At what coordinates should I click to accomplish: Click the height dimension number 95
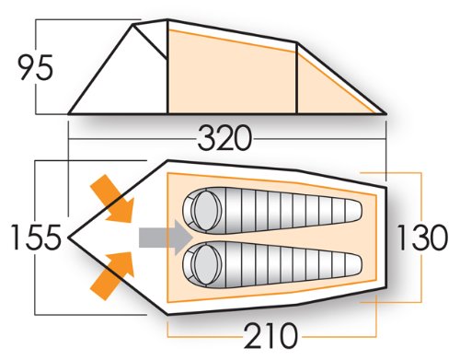(36, 68)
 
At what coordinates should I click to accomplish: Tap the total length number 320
(224, 138)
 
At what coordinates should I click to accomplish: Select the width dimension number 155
(36, 237)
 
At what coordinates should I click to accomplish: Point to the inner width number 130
(422, 238)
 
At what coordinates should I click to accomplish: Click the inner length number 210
(270, 335)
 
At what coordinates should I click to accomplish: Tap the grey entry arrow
(166, 238)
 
